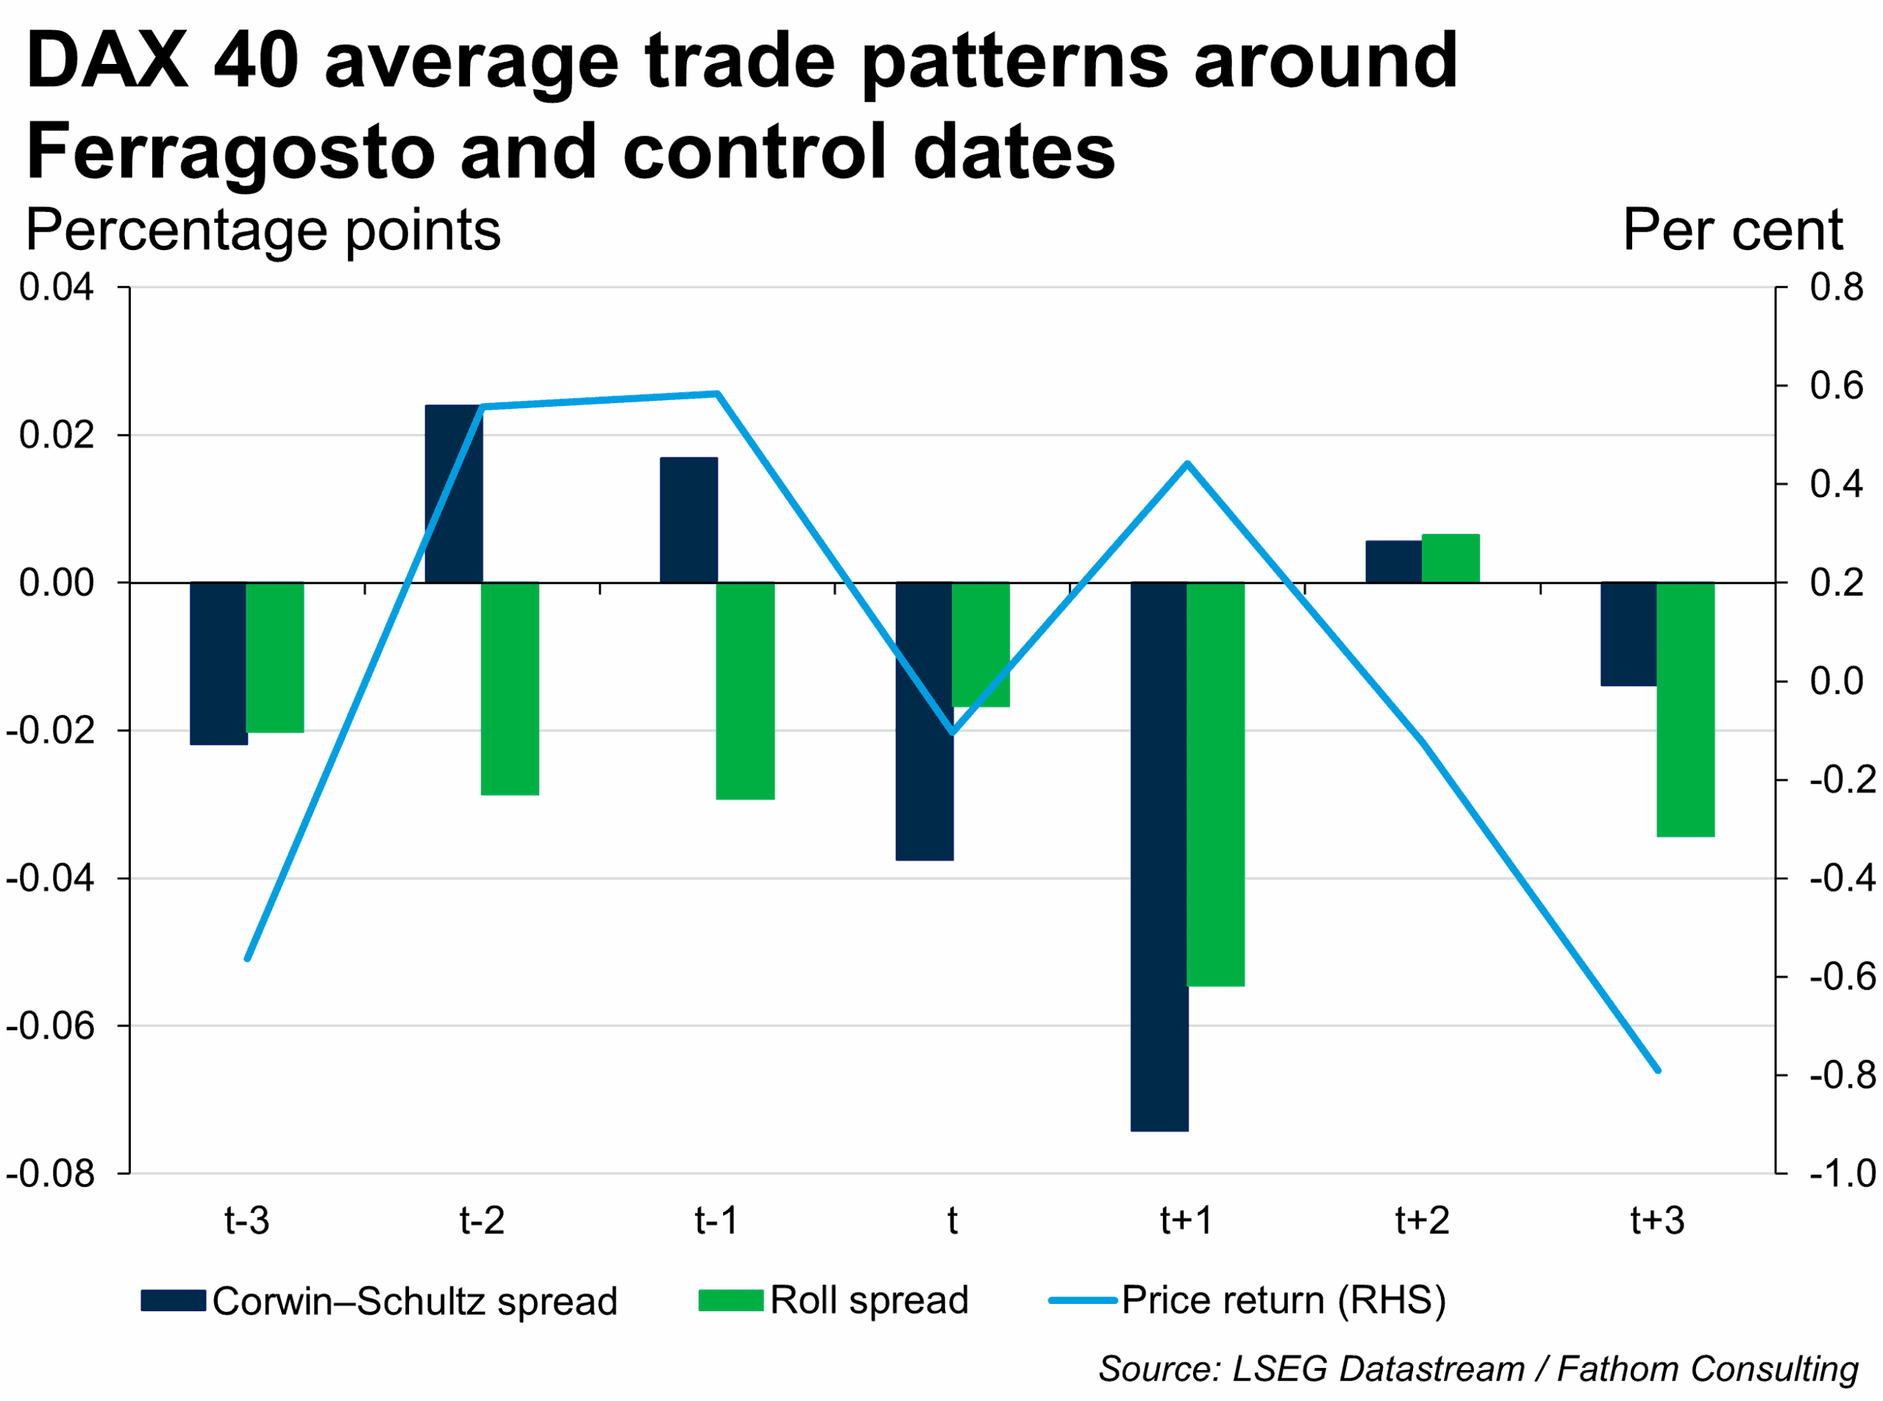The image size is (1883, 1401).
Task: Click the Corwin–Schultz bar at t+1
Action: (x=1158, y=857)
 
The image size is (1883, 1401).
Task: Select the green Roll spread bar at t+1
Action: (x=1215, y=785)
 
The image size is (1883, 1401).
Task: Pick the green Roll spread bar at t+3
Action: (x=1685, y=710)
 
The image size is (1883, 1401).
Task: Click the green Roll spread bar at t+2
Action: (x=1450, y=558)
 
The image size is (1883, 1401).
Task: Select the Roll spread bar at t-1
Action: (x=744, y=691)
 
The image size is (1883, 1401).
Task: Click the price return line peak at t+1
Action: (x=1187, y=463)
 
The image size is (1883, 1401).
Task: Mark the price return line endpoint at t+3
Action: (x=1658, y=1070)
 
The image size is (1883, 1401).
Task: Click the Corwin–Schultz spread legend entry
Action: (x=379, y=1301)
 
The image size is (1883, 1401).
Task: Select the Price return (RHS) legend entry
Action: (x=1247, y=1300)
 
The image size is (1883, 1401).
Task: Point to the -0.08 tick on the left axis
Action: (x=51, y=1174)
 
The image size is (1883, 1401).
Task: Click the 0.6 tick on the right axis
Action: (x=1837, y=386)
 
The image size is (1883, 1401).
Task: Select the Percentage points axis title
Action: (x=263, y=230)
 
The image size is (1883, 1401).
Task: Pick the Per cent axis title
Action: (x=1732, y=230)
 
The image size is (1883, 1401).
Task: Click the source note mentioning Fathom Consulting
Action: (x=1478, y=1369)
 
